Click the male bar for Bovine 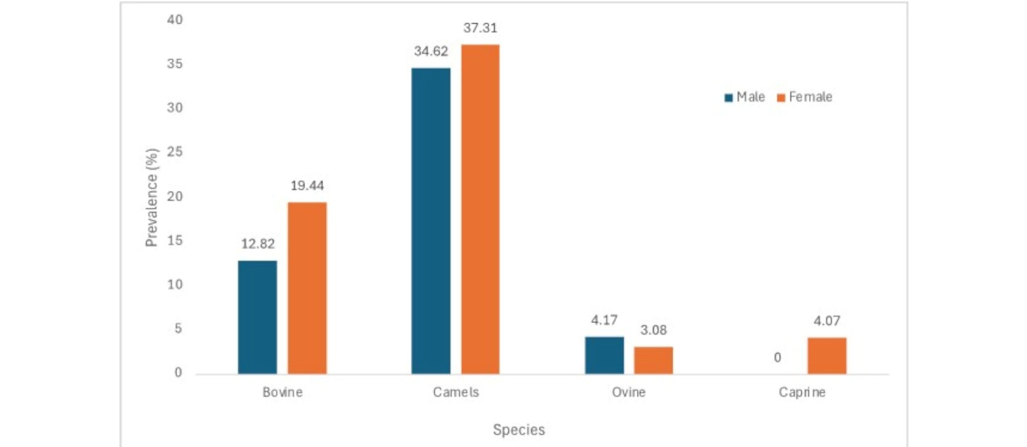click(258, 317)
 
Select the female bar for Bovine click(307, 288)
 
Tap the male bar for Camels click(431, 221)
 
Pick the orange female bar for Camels click(480, 209)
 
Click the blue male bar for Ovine click(604, 355)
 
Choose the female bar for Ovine click(653, 360)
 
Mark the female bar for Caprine click(827, 355)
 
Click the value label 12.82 click(257, 245)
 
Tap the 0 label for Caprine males click(777, 357)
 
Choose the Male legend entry click(745, 97)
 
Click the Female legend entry click(806, 97)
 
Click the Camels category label click(456, 393)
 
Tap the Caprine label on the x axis click(802, 393)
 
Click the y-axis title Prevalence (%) click(153, 197)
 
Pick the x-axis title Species click(519, 431)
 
